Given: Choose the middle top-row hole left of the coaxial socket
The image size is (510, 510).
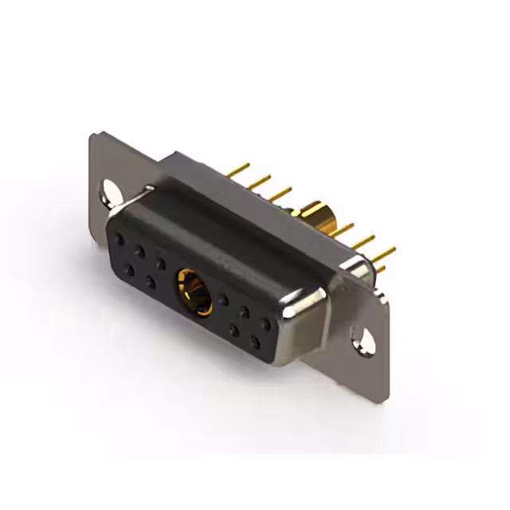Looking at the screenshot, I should click(139, 250).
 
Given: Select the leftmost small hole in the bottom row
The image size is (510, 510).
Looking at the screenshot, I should click(129, 270).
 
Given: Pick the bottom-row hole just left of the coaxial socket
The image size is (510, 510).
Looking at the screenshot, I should click(150, 282).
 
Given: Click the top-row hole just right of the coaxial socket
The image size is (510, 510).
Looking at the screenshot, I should click(224, 300).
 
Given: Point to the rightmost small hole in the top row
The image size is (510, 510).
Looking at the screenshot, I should click(265, 324).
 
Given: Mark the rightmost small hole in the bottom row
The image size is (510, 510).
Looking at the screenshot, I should click(255, 343).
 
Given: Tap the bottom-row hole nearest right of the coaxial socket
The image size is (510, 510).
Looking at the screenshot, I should click(234, 329).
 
